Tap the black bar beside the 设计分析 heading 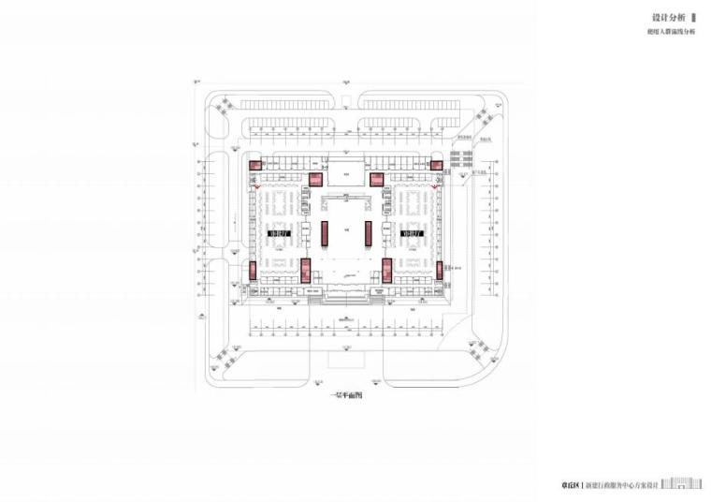click(x=692, y=17)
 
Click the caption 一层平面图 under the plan click(x=346, y=396)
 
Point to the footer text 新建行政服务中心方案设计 click(x=622, y=485)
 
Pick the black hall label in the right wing click(x=412, y=231)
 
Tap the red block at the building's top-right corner click(x=435, y=166)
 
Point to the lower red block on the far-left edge click(x=253, y=272)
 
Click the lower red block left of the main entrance click(x=305, y=272)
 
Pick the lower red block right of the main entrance click(x=385, y=272)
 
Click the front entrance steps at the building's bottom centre click(x=345, y=298)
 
